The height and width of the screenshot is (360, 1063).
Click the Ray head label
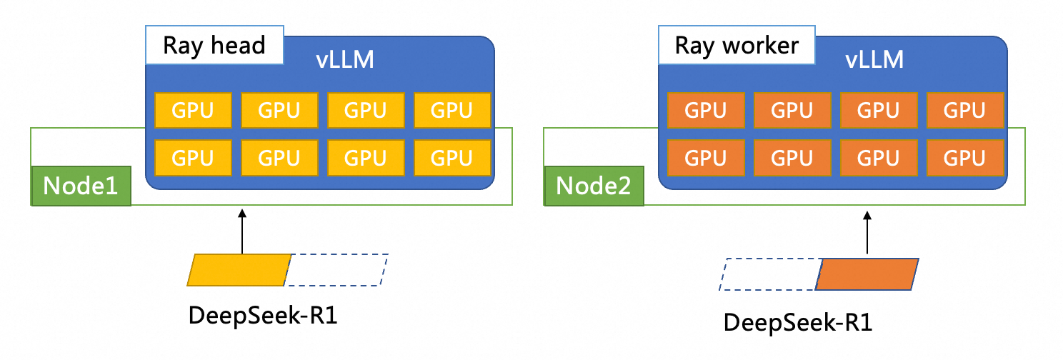tap(214, 46)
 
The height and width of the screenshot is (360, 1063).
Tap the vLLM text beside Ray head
tap(345, 60)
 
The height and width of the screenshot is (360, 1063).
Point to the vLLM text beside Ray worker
tap(874, 60)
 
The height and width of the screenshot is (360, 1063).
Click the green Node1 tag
tap(81, 186)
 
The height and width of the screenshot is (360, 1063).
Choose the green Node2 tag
tap(594, 186)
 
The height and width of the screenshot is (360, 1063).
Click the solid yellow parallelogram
tap(239, 270)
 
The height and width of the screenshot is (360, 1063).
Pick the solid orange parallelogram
tap(867, 275)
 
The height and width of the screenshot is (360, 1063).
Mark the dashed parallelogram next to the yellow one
tap(337, 270)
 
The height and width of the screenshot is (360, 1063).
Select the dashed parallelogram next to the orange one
tap(769, 275)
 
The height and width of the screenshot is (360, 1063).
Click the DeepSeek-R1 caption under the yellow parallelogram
tap(262, 315)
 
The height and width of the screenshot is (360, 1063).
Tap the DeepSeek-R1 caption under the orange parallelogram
tap(798, 322)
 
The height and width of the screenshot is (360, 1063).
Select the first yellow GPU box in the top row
tap(194, 111)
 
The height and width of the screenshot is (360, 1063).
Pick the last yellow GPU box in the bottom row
tap(452, 157)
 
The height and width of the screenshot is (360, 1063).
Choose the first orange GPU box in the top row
tap(706, 111)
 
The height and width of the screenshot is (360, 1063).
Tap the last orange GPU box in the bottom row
tap(965, 157)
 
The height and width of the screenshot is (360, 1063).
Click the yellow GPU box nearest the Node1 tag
tap(194, 157)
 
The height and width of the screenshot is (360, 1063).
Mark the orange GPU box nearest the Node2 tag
tap(706, 157)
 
